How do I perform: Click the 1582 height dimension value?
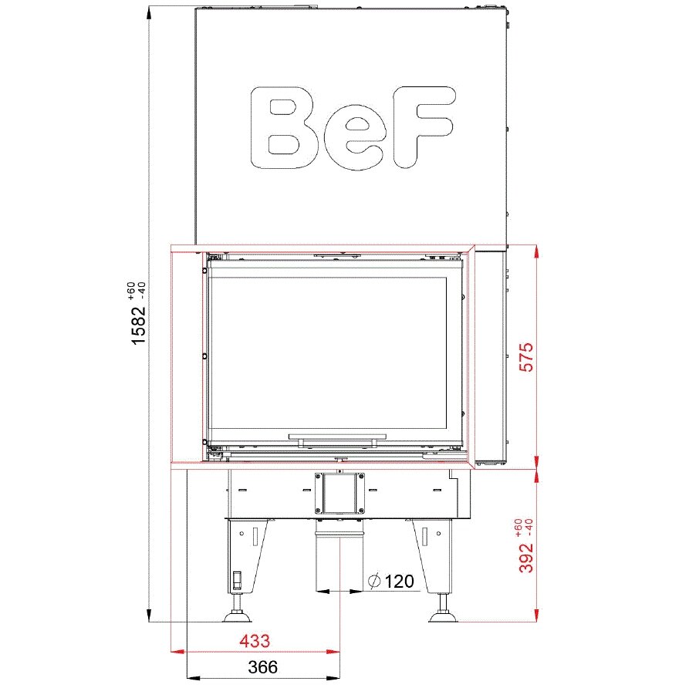click(138, 325)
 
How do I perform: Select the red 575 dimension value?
click(526, 357)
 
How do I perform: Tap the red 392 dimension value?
click(526, 558)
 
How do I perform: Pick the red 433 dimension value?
click(255, 642)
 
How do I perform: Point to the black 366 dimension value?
click(263, 667)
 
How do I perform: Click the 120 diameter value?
click(399, 582)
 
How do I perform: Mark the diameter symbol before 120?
click(374, 582)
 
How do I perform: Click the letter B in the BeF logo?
click(284, 127)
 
